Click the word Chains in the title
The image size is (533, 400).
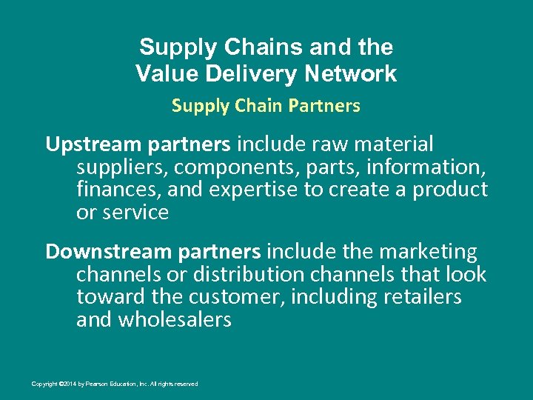click(262, 47)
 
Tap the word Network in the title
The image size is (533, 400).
click(355, 74)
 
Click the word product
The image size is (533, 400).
click(450, 190)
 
